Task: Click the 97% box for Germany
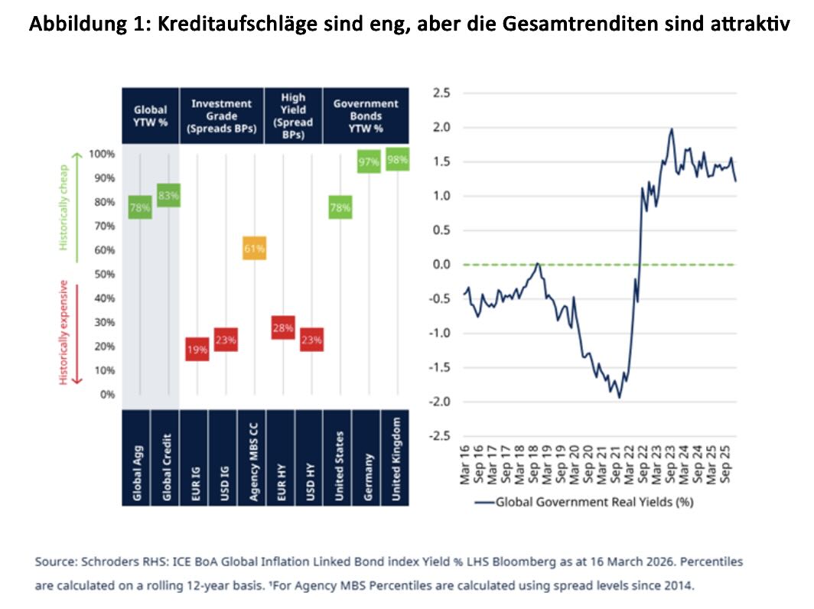370,161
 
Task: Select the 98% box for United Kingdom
397,160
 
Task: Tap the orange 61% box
255,249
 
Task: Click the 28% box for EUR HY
284,327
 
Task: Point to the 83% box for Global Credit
168,195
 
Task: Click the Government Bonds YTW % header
366,116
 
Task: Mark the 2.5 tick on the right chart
442,93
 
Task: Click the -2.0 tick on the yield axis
440,402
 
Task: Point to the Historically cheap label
64,201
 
